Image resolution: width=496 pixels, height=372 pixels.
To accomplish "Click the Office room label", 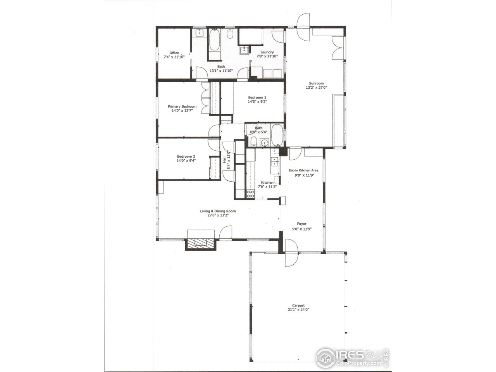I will point(174,53).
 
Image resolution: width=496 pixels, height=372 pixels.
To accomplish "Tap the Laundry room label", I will point(267,52).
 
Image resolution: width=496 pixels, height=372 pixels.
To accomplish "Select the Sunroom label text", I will point(316,83).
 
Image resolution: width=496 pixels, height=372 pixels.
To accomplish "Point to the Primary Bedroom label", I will point(182,106).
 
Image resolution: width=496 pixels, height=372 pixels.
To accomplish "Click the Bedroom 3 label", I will point(257,97).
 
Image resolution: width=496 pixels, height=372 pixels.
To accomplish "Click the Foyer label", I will point(301,224).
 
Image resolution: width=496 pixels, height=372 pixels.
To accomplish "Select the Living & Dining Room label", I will point(218,211).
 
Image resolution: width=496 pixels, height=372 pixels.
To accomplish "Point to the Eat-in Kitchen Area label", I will point(303,170).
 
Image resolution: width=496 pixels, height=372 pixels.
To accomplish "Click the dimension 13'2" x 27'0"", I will point(316,88).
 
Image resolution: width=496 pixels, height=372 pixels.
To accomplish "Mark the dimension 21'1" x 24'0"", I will point(298,310).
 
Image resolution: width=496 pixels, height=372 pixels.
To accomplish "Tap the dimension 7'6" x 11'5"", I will point(268,186).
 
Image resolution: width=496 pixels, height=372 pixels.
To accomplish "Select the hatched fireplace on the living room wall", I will point(201,243).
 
